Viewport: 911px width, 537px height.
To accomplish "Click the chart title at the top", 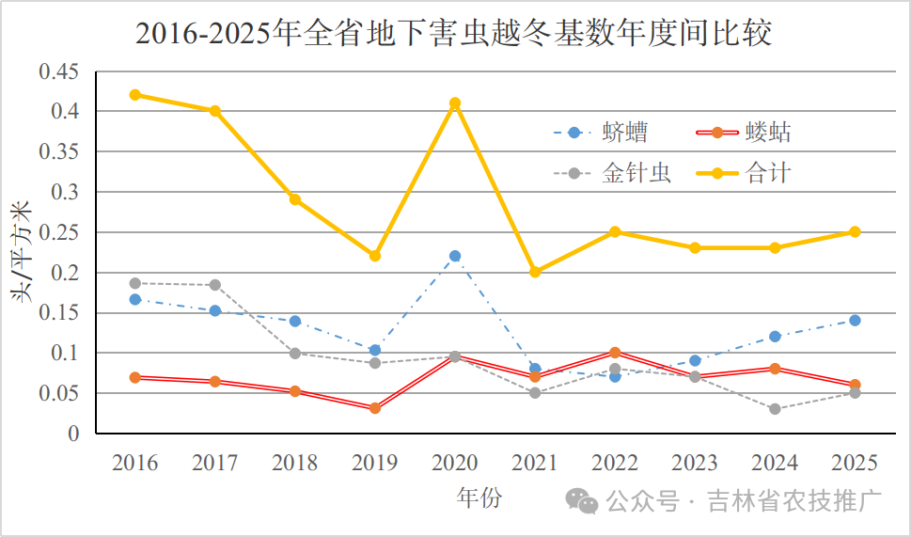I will tap(454, 33).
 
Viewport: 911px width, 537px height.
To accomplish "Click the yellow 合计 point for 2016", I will tap(135, 95).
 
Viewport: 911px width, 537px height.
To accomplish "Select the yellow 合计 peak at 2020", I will tap(455, 103).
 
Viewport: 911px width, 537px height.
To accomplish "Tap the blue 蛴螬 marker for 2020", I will tap(455, 256).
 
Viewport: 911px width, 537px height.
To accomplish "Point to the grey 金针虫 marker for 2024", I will tap(775, 409).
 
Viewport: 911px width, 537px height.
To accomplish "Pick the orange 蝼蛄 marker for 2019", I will tap(375, 408).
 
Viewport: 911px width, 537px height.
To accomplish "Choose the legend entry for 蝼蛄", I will tap(744, 133).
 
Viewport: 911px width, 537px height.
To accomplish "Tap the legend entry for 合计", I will tap(744, 173).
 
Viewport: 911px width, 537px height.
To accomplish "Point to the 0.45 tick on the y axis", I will tap(59, 71).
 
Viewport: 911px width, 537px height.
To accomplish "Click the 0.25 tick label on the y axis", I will tap(59, 232).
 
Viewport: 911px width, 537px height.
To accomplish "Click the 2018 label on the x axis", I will tap(295, 463).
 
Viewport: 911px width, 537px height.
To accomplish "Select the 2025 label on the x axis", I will tap(855, 463).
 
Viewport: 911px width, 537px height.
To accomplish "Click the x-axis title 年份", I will tap(479, 498).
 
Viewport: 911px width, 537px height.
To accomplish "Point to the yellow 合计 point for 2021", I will tap(535, 272).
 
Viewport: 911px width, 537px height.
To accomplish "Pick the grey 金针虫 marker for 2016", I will tap(135, 283).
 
